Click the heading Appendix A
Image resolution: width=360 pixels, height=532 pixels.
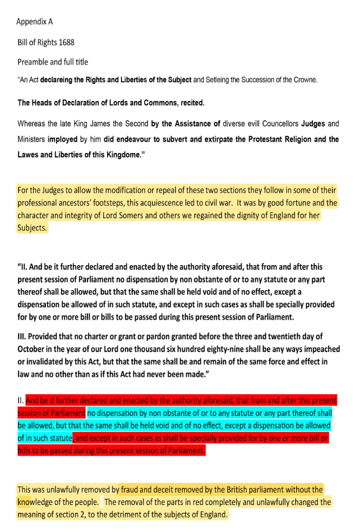click(x=35, y=22)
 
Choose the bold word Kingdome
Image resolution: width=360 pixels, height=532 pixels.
click(x=123, y=155)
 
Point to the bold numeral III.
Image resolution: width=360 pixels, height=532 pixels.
click(x=23, y=337)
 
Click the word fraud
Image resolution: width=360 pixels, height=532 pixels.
click(x=131, y=490)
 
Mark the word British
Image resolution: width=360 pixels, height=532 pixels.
click(x=230, y=490)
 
